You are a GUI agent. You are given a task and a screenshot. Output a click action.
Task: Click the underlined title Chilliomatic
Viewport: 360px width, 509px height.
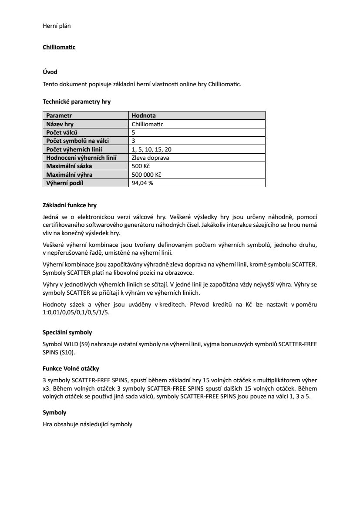coord(59,47)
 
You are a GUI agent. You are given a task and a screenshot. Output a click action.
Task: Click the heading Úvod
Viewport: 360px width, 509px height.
coord(50,71)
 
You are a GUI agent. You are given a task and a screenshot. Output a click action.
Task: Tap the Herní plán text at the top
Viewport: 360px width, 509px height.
coord(57,26)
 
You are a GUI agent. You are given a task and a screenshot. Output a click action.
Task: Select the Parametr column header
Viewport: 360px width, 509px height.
coord(59,115)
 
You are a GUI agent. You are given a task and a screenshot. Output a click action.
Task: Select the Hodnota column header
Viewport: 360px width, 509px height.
coord(144,115)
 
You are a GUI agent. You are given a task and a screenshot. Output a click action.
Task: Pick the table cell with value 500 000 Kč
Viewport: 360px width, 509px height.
coord(147,175)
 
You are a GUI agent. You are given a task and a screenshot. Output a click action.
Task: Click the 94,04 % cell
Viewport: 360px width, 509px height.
coord(142,183)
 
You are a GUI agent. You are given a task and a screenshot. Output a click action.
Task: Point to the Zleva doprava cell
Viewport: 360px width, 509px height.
coord(150,158)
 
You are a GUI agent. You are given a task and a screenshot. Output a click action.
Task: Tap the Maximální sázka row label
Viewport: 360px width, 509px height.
coord(69,166)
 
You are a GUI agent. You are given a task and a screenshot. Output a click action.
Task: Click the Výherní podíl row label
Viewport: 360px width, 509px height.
coord(64,183)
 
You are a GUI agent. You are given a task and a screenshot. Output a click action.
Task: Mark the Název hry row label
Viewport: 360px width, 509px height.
coord(60,124)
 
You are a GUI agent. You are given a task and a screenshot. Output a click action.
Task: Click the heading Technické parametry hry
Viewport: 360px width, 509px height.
coord(77,101)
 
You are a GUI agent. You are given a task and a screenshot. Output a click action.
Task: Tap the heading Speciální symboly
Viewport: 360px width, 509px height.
coord(67,332)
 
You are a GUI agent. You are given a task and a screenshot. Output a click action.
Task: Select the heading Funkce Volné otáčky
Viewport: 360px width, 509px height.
coord(71,368)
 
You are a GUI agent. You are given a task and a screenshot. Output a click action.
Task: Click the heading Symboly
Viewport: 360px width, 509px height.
coord(54,412)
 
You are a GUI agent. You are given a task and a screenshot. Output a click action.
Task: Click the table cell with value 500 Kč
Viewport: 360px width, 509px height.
coord(141,166)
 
